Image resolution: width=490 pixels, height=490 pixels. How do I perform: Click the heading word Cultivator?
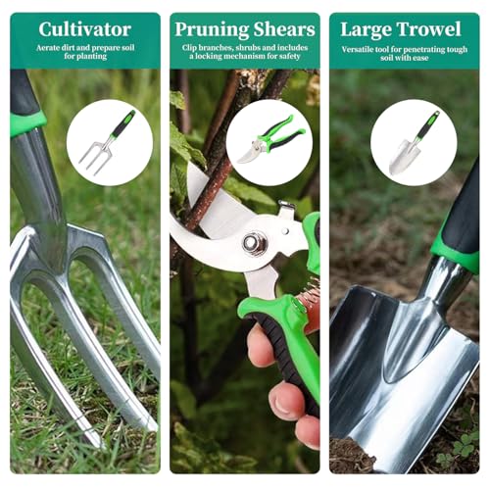[85, 29]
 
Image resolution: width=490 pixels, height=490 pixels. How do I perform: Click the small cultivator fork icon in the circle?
[107, 141]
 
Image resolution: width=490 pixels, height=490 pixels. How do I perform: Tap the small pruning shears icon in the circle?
[271, 138]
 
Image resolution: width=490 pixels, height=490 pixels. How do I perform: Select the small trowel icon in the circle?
[414, 143]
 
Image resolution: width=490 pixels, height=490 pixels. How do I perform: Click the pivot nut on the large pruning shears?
[254, 243]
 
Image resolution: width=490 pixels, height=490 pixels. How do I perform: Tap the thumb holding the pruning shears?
[261, 345]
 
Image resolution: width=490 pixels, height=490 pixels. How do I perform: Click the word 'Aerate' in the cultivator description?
[48, 48]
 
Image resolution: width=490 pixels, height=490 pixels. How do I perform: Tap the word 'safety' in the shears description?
[288, 57]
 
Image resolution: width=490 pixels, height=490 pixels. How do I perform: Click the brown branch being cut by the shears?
[209, 183]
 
